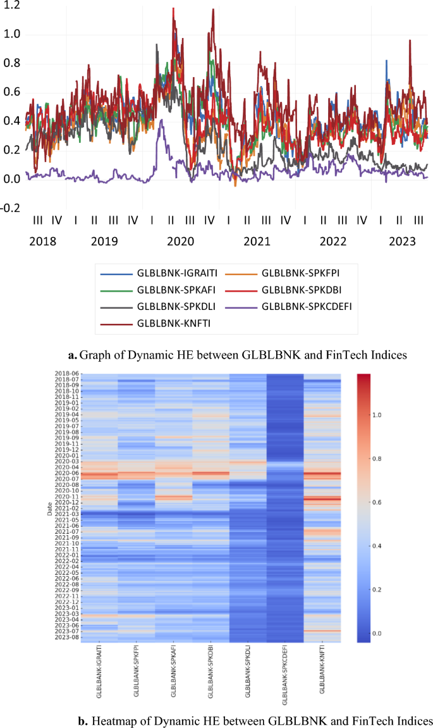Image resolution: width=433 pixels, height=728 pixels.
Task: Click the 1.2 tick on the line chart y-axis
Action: (x=11, y=5)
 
